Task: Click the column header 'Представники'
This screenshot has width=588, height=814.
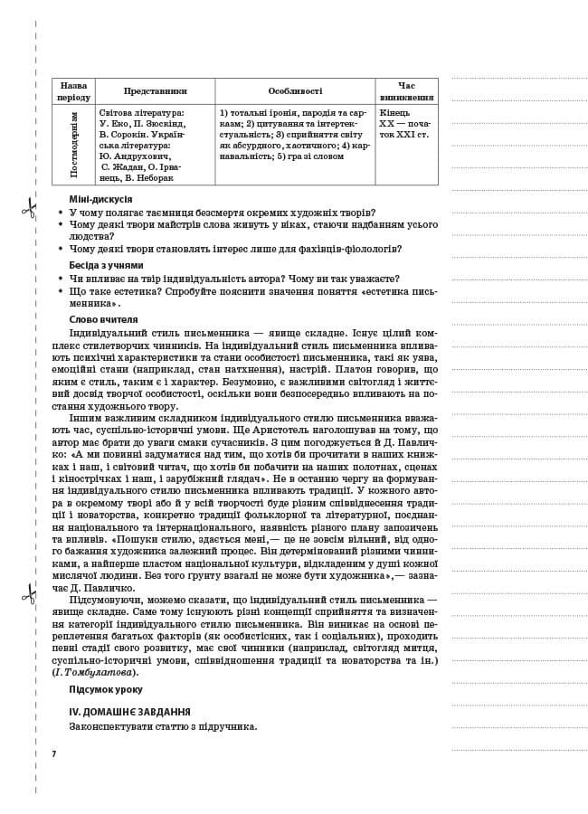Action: click(x=156, y=91)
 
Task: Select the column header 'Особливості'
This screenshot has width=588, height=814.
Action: click(x=295, y=91)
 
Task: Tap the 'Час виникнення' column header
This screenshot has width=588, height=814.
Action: click(x=406, y=91)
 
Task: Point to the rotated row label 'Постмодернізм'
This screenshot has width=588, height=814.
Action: click(x=73, y=145)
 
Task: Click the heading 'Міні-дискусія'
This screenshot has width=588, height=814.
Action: click(x=100, y=199)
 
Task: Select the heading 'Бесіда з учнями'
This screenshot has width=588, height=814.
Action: click(x=106, y=265)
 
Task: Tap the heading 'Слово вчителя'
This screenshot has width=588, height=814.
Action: click(x=103, y=319)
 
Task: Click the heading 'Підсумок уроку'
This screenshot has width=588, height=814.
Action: click(x=106, y=689)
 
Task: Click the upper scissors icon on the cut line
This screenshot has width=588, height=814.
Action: click(x=29, y=209)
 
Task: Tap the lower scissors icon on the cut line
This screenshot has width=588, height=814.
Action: click(x=29, y=594)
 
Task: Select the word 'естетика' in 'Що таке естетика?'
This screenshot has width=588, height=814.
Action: click(x=136, y=292)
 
